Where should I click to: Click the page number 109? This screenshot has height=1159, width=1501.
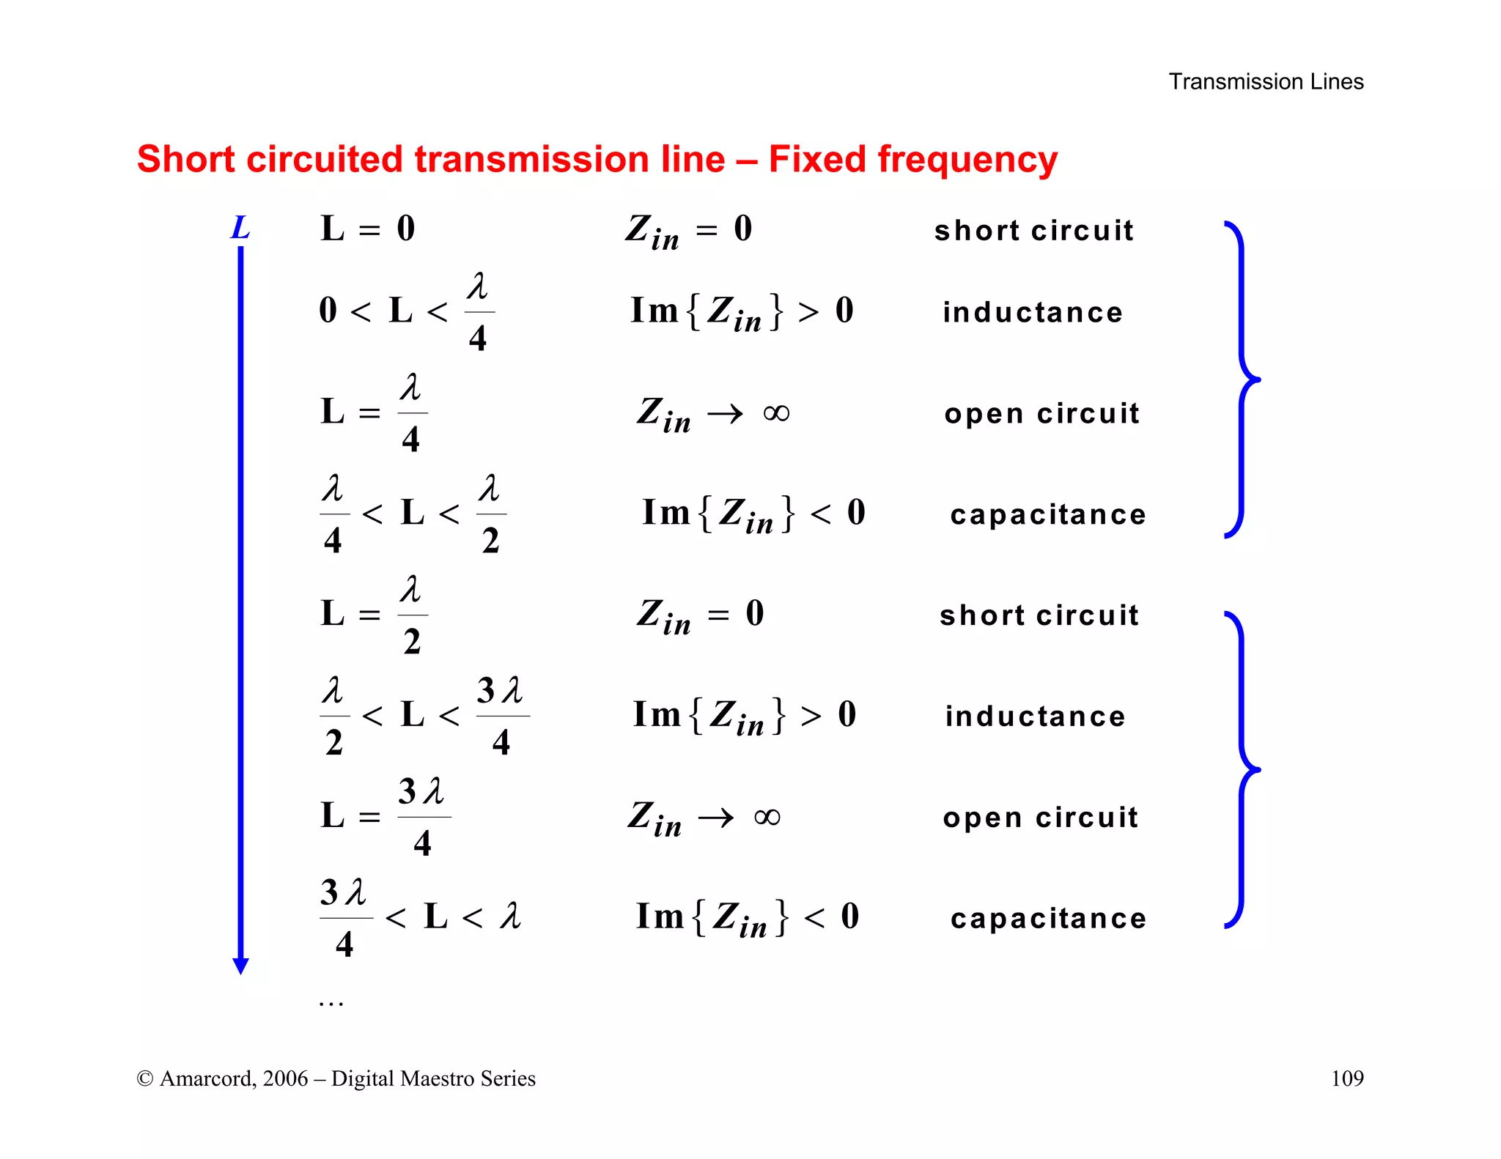(1346, 1078)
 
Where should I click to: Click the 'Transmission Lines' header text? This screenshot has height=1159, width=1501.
(1266, 81)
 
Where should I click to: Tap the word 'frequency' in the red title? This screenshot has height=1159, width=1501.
(967, 160)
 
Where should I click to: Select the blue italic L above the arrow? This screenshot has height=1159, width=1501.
(240, 228)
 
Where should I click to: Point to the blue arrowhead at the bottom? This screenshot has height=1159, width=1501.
(240, 966)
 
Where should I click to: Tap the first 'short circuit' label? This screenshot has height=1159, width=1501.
(1033, 231)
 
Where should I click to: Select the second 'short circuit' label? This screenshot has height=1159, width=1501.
(1039, 615)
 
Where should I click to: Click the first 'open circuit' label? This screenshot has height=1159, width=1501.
(1041, 414)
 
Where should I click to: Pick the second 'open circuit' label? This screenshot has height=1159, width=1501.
(1040, 818)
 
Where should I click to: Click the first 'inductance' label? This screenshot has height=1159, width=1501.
(1032, 313)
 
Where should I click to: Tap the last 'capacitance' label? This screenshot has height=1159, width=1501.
(1048, 919)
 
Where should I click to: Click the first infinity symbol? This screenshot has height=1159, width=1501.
(776, 413)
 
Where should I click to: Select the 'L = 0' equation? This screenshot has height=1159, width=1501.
(368, 229)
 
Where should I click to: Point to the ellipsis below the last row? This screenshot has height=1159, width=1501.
(331, 1003)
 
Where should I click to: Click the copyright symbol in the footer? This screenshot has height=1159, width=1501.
(144, 1079)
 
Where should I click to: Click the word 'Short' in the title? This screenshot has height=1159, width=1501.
(186, 160)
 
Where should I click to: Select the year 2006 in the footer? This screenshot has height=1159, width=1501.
(285, 1079)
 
